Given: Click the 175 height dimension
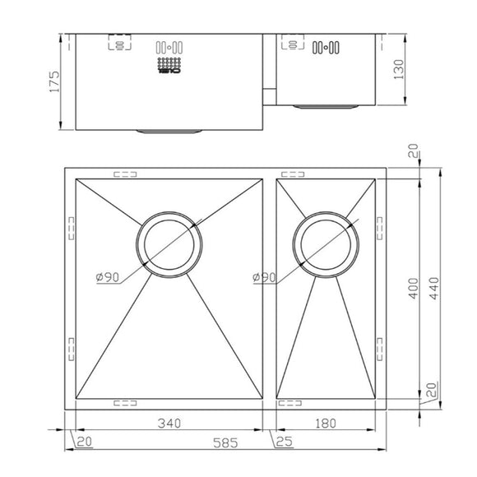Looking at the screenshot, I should click(x=54, y=82).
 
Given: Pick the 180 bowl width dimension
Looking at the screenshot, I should click(x=326, y=424).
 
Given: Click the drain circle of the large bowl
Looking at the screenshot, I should click(x=169, y=244).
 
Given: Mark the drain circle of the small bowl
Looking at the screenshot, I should click(x=327, y=244).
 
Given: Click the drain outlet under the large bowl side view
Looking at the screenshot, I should click(x=169, y=130).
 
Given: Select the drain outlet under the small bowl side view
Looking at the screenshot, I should click(x=327, y=105).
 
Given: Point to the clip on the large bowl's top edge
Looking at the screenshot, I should click(x=126, y=174).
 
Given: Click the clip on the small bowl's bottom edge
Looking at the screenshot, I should click(x=291, y=404).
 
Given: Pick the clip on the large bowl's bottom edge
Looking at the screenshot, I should click(x=126, y=404).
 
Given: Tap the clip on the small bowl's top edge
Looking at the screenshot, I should click(x=291, y=174).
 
